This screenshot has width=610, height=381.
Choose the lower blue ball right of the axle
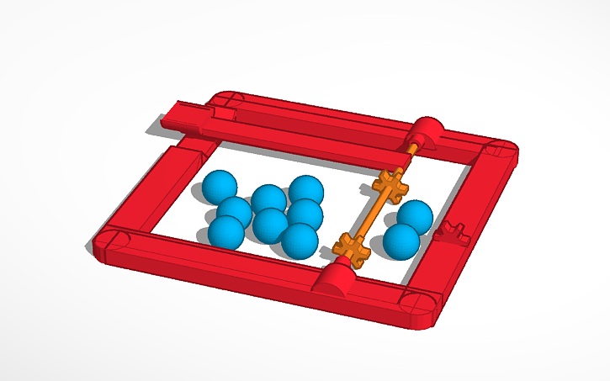pos(400,241)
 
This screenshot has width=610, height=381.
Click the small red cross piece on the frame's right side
pos(454,231)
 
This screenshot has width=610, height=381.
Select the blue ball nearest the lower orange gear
pos(300,240)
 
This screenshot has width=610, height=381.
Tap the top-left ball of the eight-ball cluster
pos(220,186)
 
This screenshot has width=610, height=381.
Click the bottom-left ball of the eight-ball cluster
pos(226,232)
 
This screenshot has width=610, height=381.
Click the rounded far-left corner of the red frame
pos(115,242)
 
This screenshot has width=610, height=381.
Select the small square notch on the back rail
pos(222,112)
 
